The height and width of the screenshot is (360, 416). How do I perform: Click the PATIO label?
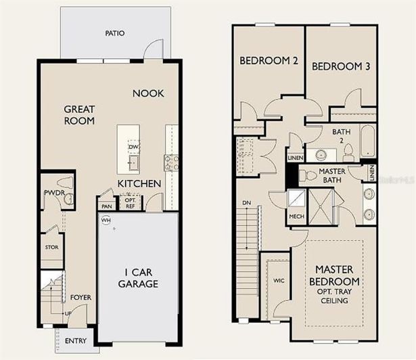(x=114, y=33)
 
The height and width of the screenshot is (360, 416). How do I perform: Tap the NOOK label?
(x=147, y=93)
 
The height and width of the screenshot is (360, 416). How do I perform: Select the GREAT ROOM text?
(x=79, y=115)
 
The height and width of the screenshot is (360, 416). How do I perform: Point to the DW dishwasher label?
(x=133, y=147)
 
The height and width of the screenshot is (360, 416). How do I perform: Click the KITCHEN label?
(x=139, y=183)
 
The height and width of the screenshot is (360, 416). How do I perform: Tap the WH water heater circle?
(x=106, y=220)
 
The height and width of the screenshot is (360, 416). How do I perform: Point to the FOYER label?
(x=80, y=298)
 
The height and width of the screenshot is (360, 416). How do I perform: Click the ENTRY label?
(x=76, y=340)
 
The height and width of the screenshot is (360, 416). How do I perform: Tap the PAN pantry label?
(x=106, y=206)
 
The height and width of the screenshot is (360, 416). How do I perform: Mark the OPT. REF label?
(x=130, y=203)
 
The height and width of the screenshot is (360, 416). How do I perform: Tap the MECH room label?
(x=295, y=217)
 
